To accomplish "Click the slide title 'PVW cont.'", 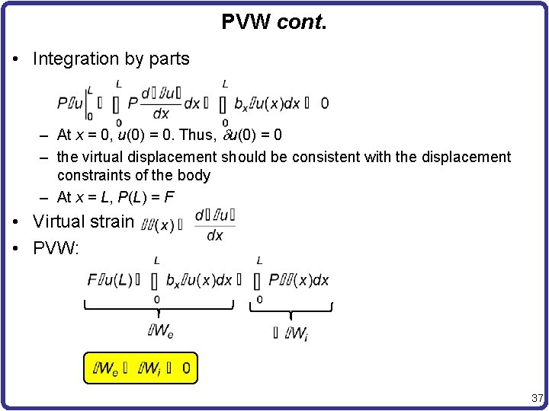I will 274,22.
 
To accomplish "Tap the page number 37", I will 536,397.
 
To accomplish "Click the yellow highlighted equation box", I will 140,369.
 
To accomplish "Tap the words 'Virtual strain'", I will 83,222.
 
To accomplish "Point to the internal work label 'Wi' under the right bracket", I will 294,332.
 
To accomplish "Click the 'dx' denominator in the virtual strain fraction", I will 215,235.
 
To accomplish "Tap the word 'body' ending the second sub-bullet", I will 194,175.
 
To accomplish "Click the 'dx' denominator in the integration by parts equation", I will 162,114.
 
